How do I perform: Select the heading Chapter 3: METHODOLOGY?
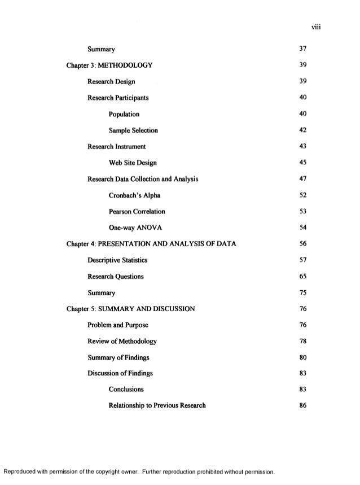109,65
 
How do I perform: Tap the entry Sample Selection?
133,130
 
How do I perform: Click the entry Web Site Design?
133,163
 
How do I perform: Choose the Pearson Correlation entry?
137,212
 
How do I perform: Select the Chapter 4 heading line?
151,244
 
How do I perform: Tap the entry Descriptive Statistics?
117,260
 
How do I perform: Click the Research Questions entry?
116,277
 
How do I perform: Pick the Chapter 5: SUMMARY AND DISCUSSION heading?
131,309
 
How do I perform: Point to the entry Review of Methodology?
122,342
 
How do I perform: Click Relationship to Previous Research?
157,406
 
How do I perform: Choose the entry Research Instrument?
117,147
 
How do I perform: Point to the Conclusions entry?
126,390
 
